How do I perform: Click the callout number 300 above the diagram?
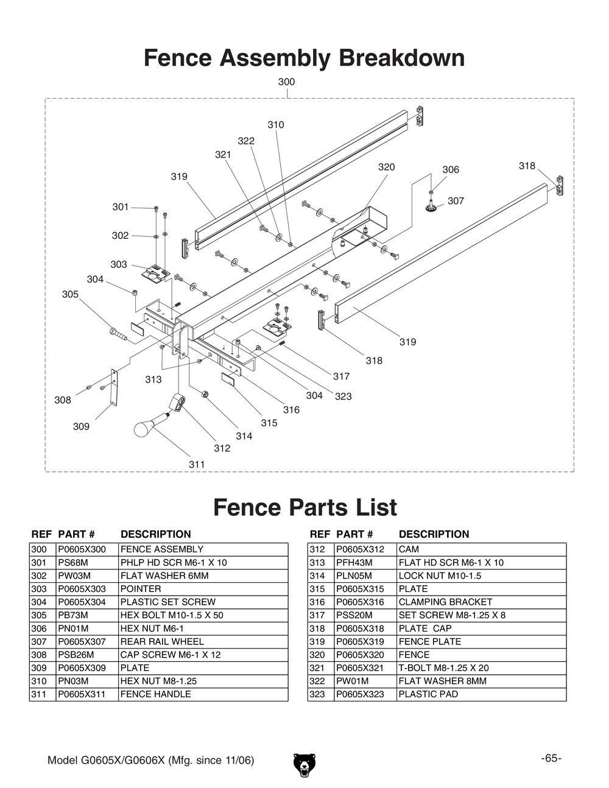[x=286, y=82]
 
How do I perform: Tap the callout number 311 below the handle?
[x=197, y=464]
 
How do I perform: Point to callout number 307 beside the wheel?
[x=456, y=201]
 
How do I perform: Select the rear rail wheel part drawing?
[x=432, y=206]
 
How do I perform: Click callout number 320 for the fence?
[x=386, y=167]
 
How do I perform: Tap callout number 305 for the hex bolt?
[x=70, y=294]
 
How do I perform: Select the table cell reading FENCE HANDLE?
[x=155, y=694]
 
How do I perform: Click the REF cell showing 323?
[x=318, y=694]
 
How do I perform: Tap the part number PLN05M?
[x=354, y=575]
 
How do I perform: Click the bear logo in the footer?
[x=304, y=764]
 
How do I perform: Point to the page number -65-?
[x=551, y=758]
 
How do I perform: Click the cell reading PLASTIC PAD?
[x=428, y=694]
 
